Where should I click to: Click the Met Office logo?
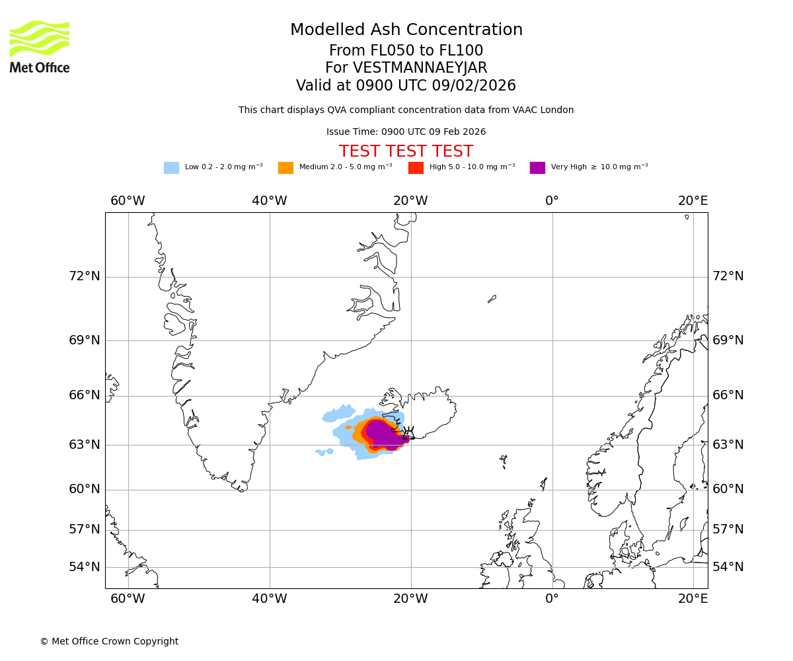pos(40,46)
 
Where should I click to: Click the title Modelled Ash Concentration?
pos(406,30)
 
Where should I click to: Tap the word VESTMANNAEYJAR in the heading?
pos(420,68)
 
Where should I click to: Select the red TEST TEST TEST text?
pos(406,152)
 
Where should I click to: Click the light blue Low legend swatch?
pos(171,168)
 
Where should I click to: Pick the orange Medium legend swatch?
pos(285,168)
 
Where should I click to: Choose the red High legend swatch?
pos(416,168)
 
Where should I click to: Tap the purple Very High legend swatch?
pos(537,168)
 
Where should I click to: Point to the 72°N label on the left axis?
pos(85,276)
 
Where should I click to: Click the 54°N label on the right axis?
pos(728,567)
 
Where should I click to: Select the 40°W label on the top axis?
pos(270,201)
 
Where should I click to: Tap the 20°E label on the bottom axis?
pos(693,599)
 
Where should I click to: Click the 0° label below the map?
pos(552,599)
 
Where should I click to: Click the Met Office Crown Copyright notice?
pos(109,642)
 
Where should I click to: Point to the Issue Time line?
pos(406,132)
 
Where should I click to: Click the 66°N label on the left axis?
pos(85,395)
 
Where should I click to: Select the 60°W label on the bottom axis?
pos(128,599)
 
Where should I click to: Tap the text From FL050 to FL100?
pos(406,51)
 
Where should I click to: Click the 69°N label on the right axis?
pos(728,340)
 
